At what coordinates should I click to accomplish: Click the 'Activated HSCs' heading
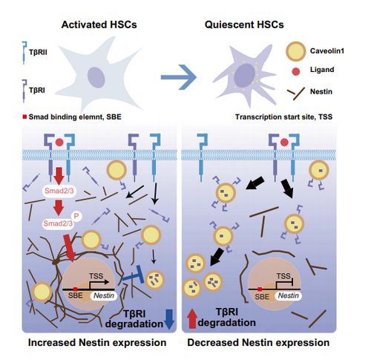coord(99,24)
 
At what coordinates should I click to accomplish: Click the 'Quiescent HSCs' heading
coord(244,24)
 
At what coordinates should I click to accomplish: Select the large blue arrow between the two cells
coord(179,77)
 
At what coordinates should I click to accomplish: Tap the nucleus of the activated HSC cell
coord(96,77)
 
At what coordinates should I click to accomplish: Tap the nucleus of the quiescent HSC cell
coord(245,76)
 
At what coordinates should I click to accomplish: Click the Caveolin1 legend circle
coord(296,51)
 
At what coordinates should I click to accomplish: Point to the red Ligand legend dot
coord(296,71)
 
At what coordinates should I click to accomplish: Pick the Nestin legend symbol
coord(296,94)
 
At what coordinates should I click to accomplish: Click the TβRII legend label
coord(38,53)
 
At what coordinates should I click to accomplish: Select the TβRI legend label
coord(37,91)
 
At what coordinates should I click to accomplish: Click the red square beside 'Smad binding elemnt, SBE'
coord(24,117)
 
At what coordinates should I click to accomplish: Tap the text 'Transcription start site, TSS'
coord(283,117)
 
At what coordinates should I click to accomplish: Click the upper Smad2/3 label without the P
coord(59,191)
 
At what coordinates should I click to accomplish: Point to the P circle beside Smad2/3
coord(76,217)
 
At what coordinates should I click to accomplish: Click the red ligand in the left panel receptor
coord(59,143)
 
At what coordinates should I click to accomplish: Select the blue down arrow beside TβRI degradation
coord(169,319)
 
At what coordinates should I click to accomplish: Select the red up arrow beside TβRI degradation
coord(192,319)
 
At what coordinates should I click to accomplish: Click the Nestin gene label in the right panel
coord(289,295)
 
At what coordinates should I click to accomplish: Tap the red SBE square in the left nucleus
coord(75,289)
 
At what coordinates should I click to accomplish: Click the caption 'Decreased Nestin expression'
coord(258,343)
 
